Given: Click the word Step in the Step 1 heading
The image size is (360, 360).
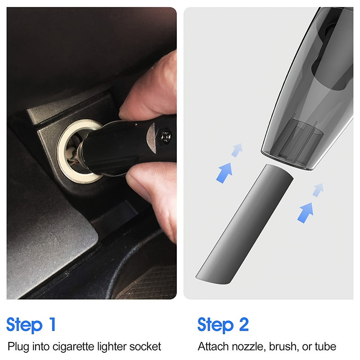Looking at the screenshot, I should (x=25, y=324).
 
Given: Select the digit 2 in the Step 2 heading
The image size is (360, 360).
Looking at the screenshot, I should (x=243, y=324).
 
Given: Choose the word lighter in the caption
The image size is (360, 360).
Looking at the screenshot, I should (x=108, y=346).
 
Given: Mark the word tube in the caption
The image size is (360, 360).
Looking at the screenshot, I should (x=324, y=346).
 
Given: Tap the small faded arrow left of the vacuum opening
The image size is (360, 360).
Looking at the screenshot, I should (x=237, y=149).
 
